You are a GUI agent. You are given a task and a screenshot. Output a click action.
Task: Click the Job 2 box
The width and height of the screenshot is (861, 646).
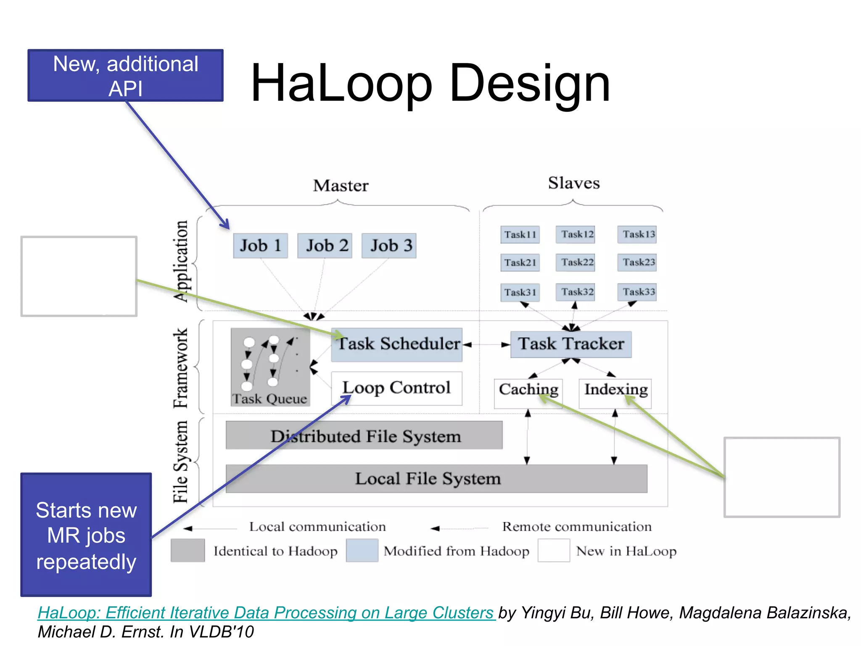click(325, 246)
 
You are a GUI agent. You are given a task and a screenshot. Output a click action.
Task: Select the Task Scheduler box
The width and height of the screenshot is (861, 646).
click(396, 344)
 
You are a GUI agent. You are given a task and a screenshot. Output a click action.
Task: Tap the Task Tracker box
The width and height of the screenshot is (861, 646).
click(570, 344)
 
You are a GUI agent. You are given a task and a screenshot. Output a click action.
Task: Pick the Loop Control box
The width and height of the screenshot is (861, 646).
click(396, 388)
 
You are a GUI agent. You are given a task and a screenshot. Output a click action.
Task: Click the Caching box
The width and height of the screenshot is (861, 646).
click(528, 390)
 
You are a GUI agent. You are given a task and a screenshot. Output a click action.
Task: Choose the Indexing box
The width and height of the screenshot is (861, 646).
click(615, 390)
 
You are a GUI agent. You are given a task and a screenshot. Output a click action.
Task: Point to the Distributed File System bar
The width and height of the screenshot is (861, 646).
click(364, 436)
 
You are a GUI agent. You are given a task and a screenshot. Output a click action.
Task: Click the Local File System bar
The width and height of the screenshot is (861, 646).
click(436, 479)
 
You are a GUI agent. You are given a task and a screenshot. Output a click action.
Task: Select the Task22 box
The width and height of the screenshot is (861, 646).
click(577, 262)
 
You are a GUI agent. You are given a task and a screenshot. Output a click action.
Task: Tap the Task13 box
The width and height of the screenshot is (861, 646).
click(638, 234)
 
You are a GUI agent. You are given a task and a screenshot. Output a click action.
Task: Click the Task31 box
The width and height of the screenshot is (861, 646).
click(520, 292)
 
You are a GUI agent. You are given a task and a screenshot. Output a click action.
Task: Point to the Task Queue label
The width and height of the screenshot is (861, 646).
click(270, 399)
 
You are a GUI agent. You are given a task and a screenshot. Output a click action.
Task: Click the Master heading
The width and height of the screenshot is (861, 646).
click(341, 186)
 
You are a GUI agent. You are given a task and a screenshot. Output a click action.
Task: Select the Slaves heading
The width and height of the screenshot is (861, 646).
click(573, 183)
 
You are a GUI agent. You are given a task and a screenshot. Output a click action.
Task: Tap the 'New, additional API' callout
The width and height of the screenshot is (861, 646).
click(125, 76)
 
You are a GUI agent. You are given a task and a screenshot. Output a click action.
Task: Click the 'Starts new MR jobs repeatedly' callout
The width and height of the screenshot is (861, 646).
click(86, 535)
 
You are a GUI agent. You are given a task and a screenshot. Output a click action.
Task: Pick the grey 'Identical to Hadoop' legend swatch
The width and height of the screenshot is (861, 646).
click(188, 550)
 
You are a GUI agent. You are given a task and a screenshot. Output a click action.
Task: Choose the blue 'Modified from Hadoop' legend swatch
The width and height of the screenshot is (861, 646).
click(362, 550)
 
